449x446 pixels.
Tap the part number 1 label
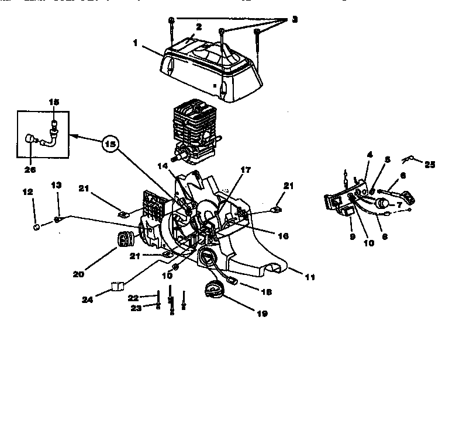click(x=136, y=43)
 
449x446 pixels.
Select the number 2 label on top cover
click(x=199, y=26)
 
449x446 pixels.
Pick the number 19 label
click(x=262, y=313)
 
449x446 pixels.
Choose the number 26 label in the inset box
click(x=30, y=170)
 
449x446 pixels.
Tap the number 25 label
click(x=430, y=165)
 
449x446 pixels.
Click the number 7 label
click(x=399, y=205)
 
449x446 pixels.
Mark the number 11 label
click(x=310, y=277)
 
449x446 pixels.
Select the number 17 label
click(x=246, y=170)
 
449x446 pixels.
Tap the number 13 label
click(x=56, y=185)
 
